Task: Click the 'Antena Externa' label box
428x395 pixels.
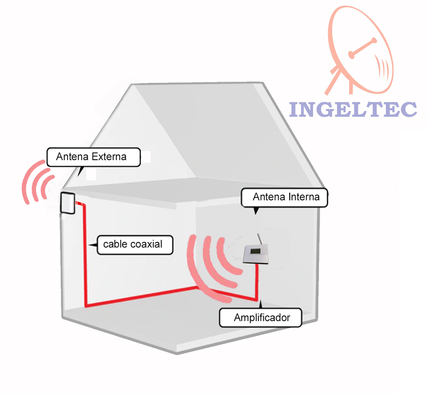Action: [x=94, y=157]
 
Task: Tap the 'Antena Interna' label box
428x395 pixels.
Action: [x=284, y=197]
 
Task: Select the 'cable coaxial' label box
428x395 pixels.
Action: [x=135, y=245]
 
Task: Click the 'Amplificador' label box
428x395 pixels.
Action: [x=261, y=318]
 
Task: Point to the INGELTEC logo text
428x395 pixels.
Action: [x=353, y=109]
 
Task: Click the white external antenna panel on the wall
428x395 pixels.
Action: [x=68, y=203]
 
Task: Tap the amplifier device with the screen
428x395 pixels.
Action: [x=256, y=254]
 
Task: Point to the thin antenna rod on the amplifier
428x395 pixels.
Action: [x=260, y=239]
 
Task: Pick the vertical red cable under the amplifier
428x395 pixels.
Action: [x=257, y=282]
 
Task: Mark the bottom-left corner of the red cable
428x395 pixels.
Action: [x=86, y=306]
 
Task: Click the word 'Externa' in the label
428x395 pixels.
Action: [x=109, y=157]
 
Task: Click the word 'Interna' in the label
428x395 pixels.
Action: [x=304, y=197]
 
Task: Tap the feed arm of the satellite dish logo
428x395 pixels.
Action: [x=363, y=48]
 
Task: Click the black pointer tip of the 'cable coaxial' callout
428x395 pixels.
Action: [x=89, y=245]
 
